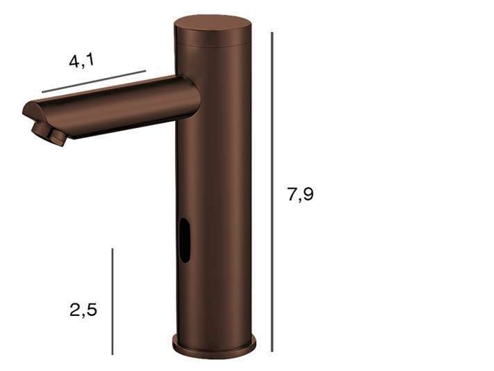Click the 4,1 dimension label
click(81, 61)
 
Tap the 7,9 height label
click(300, 194)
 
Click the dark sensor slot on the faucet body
click(185, 240)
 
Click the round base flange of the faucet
click(214, 346)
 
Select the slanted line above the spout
click(94, 81)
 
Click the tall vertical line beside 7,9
click(272, 191)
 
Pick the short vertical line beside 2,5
click(113, 301)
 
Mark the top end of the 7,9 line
click(272, 33)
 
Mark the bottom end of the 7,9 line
click(272, 351)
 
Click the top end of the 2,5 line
click(113, 248)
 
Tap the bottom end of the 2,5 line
click(113, 354)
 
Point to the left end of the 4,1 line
click(42, 92)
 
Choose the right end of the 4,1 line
click(146, 70)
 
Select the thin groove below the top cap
click(212, 44)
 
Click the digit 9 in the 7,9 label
click(307, 194)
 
